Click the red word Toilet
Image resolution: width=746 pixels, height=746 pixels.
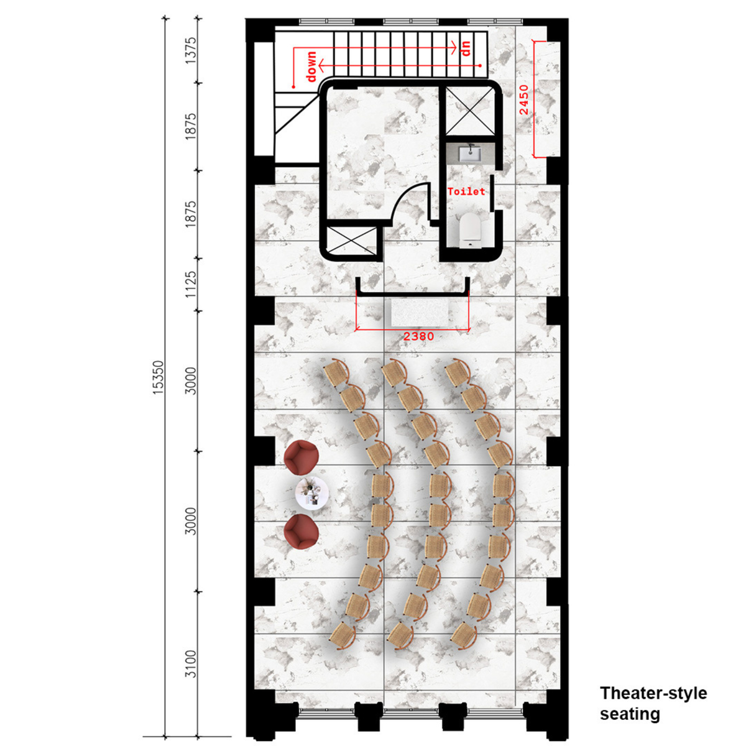pyautogui.click(x=466, y=191)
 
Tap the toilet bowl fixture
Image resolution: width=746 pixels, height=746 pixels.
pyautogui.click(x=470, y=229)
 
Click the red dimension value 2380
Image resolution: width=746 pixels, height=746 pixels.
pyautogui.click(x=418, y=336)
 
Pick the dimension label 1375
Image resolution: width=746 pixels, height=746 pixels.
pyautogui.click(x=190, y=51)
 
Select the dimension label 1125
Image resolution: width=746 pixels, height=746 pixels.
pyautogui.click(x=190, y=284)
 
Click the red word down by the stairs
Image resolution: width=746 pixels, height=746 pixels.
pyautogui.click(x=311, y=66)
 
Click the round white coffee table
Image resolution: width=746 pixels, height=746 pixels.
pyautogui.click(x=312, y=494)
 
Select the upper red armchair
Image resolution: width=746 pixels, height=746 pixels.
pyautogui.click(x=301, y=458)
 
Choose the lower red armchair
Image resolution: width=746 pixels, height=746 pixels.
pyautogui.click(x=301, y=532)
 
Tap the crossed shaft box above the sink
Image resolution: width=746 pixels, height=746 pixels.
pyautogui.click(x=469, y=111)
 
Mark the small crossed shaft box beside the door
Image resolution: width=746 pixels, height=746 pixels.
pyautogui.click(x=351, y=241)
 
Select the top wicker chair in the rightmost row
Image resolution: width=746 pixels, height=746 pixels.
pyautogui.click(x=457, y=372)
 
